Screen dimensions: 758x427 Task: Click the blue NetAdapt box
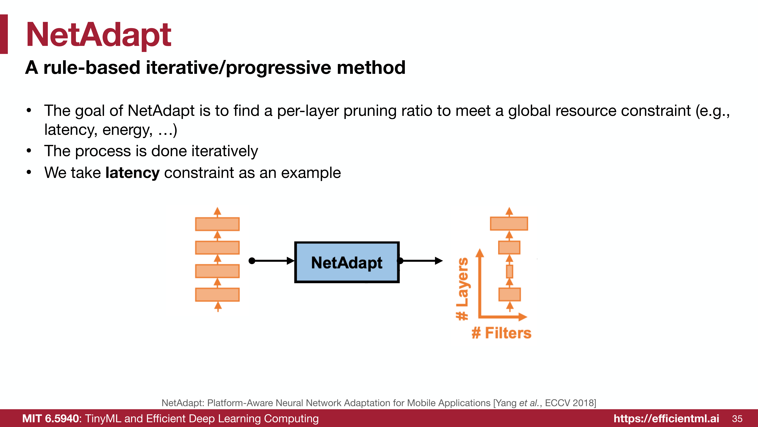click(347, 262)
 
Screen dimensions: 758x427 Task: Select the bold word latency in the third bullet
click(132, 173)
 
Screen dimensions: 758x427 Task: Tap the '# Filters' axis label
click(501, 333)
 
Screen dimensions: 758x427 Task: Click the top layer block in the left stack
click(217, 224)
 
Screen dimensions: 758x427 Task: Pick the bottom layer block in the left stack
click(217, 295)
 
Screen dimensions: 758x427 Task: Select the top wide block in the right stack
click(509, 223)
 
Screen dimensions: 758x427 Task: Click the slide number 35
click(737, 419)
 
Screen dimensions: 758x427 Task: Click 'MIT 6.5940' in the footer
click(51, 418)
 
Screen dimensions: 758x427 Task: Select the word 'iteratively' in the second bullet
click(225, 151)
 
